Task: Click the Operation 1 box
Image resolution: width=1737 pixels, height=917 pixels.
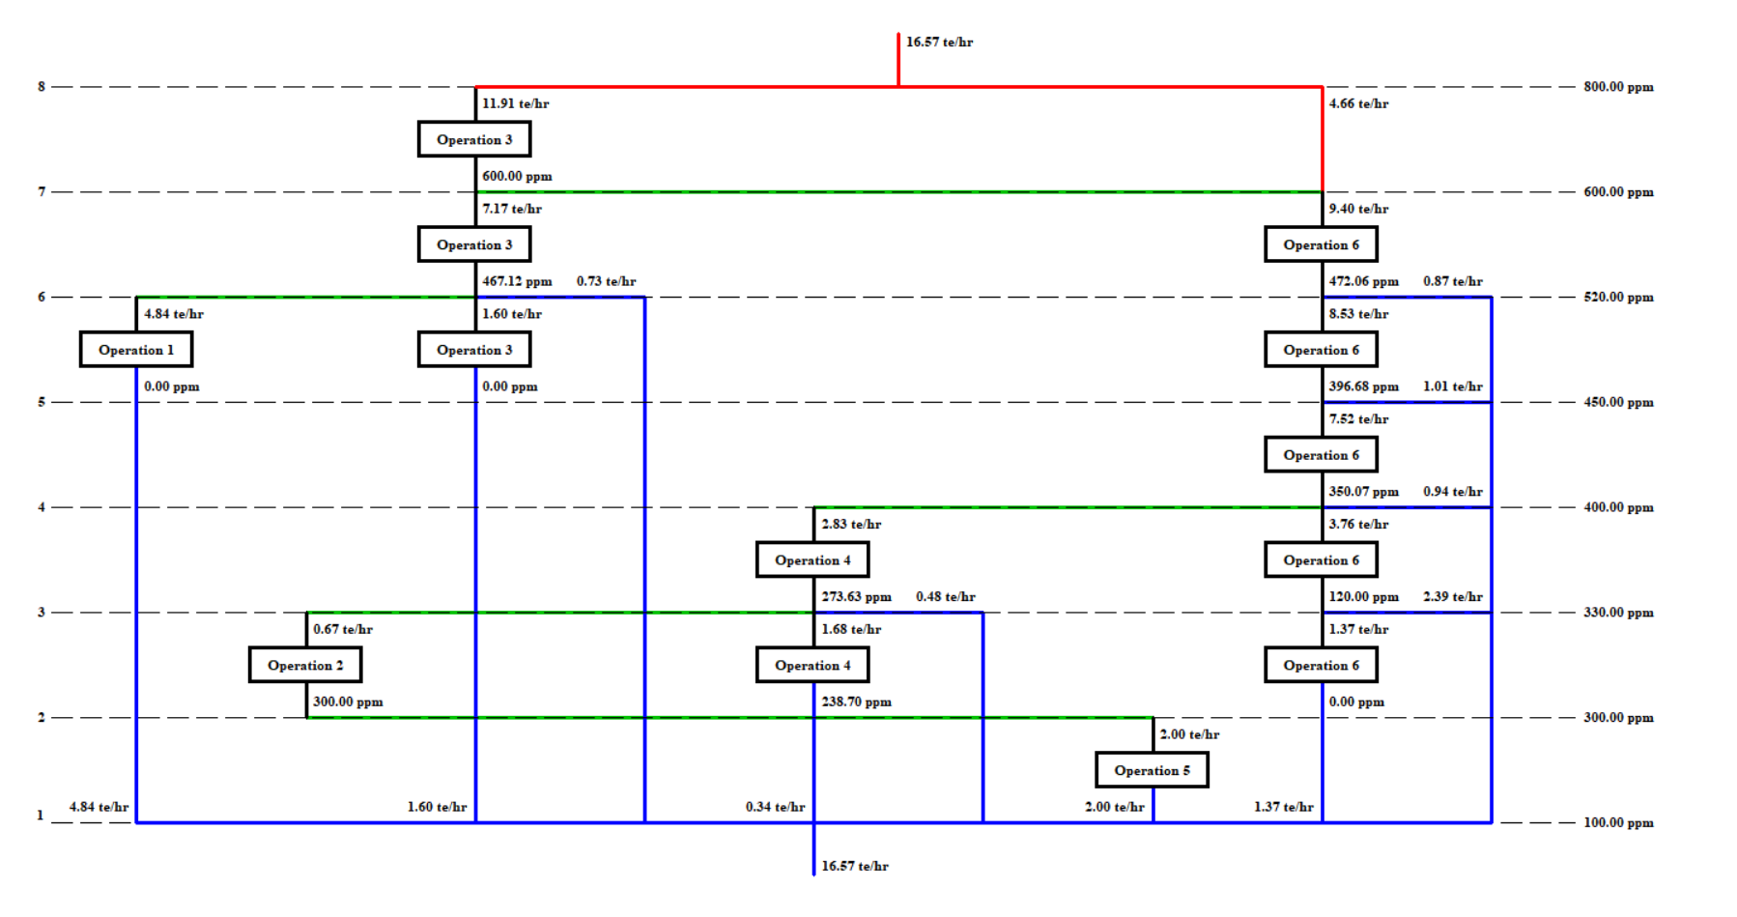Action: pos(136,350)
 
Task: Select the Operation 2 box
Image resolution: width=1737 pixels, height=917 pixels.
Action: pos(305,665)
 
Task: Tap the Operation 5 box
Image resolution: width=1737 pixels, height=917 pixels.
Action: pos(1152,770)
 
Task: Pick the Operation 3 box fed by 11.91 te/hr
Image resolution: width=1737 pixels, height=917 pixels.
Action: pos(474,139)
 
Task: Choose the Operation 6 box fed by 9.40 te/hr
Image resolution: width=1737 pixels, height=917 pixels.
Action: pos(1321,244)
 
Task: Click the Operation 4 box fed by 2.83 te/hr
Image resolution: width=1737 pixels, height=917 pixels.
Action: pos(812,559)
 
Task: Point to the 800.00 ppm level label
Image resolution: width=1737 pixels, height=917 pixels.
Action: pos(1618,87)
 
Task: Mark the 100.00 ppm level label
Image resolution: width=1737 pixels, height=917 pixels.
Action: pos(1618,823)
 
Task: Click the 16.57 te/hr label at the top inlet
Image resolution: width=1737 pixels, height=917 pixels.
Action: pos(939,43)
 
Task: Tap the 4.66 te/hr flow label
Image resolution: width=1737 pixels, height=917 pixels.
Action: pos(1358,103)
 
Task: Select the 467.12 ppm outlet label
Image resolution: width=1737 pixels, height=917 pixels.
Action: pos(517,281)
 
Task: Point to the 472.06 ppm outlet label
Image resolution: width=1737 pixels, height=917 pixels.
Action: pos(1363,281)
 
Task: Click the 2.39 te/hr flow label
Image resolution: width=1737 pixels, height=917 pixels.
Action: pos(1452,596)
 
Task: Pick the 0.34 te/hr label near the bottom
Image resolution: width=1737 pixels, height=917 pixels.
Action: pos(775,807)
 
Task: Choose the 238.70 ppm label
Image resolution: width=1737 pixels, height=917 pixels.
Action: pos(856,702)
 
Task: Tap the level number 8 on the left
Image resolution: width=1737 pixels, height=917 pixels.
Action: pos(42,87)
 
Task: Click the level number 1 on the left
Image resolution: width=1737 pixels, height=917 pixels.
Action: pos(41,815)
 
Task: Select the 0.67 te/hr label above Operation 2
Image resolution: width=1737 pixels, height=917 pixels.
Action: pos(343,629)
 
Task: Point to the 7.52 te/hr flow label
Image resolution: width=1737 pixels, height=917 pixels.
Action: pos(1358,418)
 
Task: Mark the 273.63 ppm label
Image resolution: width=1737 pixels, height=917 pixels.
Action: pos(856,596)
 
